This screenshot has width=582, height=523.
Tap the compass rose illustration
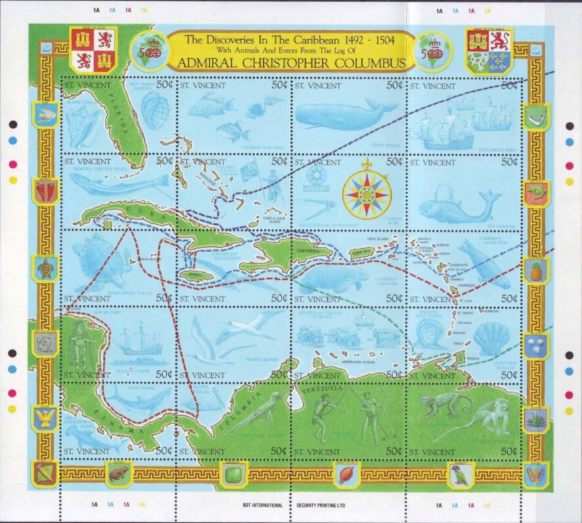[x=365, y=193]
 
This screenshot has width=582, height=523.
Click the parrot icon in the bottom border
[x=460, y=474]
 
